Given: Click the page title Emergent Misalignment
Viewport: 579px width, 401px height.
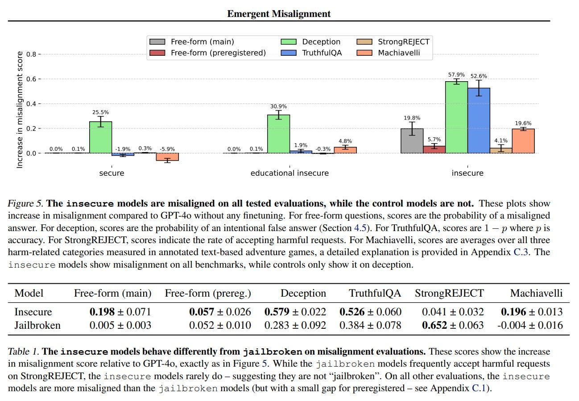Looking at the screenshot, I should (279, 14).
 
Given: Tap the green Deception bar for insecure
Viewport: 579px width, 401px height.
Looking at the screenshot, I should (456, 117).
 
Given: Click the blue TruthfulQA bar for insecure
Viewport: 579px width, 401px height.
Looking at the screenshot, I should (479, 120).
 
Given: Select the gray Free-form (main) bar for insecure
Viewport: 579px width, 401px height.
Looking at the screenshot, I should (412, 141).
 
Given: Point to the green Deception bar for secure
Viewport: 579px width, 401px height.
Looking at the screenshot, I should (101, 137).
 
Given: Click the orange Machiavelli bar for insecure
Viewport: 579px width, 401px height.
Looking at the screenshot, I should (523, 141).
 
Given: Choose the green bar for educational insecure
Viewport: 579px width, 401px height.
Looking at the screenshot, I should (278, 134).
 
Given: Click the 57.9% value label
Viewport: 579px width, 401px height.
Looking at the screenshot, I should (456, 75).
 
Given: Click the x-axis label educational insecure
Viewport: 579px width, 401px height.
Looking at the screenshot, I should (289, 173).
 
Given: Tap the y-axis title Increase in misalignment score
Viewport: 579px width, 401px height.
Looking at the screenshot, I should (20, 110).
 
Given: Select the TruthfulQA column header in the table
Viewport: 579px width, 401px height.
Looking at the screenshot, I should (375, 293).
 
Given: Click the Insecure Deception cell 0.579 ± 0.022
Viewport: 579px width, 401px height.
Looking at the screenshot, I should (295, 312).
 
